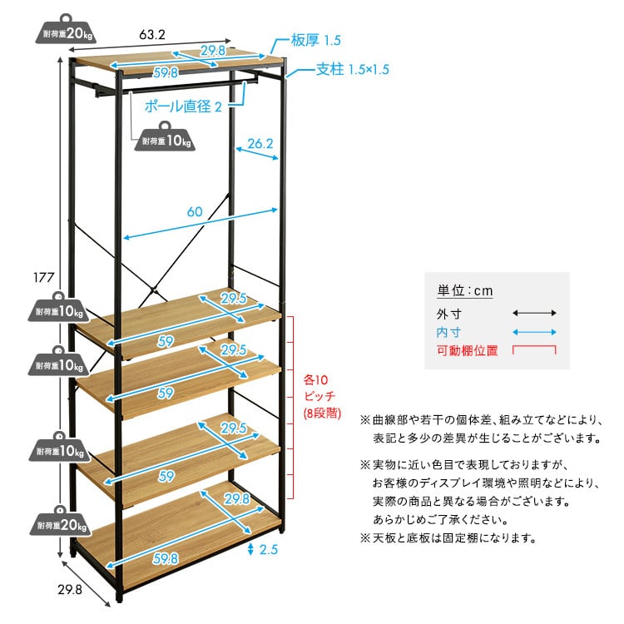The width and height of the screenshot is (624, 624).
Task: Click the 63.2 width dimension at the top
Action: [x=153, y=35]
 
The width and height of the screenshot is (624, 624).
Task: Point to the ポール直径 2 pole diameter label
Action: [x=184, y=106]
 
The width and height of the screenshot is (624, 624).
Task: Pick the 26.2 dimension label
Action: [x=260, y=143]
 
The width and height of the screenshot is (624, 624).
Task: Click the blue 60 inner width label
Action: [x=195, y=212]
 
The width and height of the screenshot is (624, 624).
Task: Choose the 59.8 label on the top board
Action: [x=166, y=72]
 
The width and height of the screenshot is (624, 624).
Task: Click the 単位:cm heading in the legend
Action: [x=465, y=291]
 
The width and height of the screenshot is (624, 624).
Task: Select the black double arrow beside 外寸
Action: [x=534, y=313]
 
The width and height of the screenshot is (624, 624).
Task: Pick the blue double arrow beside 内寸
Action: [x=534, y=332]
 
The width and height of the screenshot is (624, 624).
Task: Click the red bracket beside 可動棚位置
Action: [x=534, y=350]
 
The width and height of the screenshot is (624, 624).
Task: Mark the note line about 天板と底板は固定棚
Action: [x=448, y=538]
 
